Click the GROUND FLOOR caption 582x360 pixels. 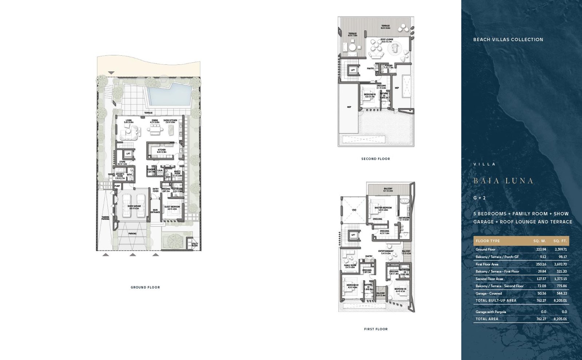click(145, 288)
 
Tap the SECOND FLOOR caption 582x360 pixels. click(375, 159)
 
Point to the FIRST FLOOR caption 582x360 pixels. click(376, 329)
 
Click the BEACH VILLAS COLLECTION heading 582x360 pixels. click(508, 40)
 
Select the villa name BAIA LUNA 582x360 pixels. click(503, 181)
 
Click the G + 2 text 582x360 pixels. click(479, 198)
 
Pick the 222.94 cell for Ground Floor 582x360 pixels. click(541, 250)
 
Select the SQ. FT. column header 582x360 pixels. click(560, 241)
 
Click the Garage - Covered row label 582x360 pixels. click(489, 293)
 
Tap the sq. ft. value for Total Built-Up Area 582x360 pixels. click(560, 301)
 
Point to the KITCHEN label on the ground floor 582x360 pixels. click(162, 150)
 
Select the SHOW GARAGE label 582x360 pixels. click(134, 206)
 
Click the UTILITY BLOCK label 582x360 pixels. click(195, 245)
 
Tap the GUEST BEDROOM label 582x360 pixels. click(172, 207)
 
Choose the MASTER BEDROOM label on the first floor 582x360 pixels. click(383, 208)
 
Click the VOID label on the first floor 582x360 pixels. click(354, 210)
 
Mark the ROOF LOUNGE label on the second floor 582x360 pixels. click(387, 40)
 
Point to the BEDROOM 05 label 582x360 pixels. click(370, 95)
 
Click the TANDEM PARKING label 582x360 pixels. click(105, 218)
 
